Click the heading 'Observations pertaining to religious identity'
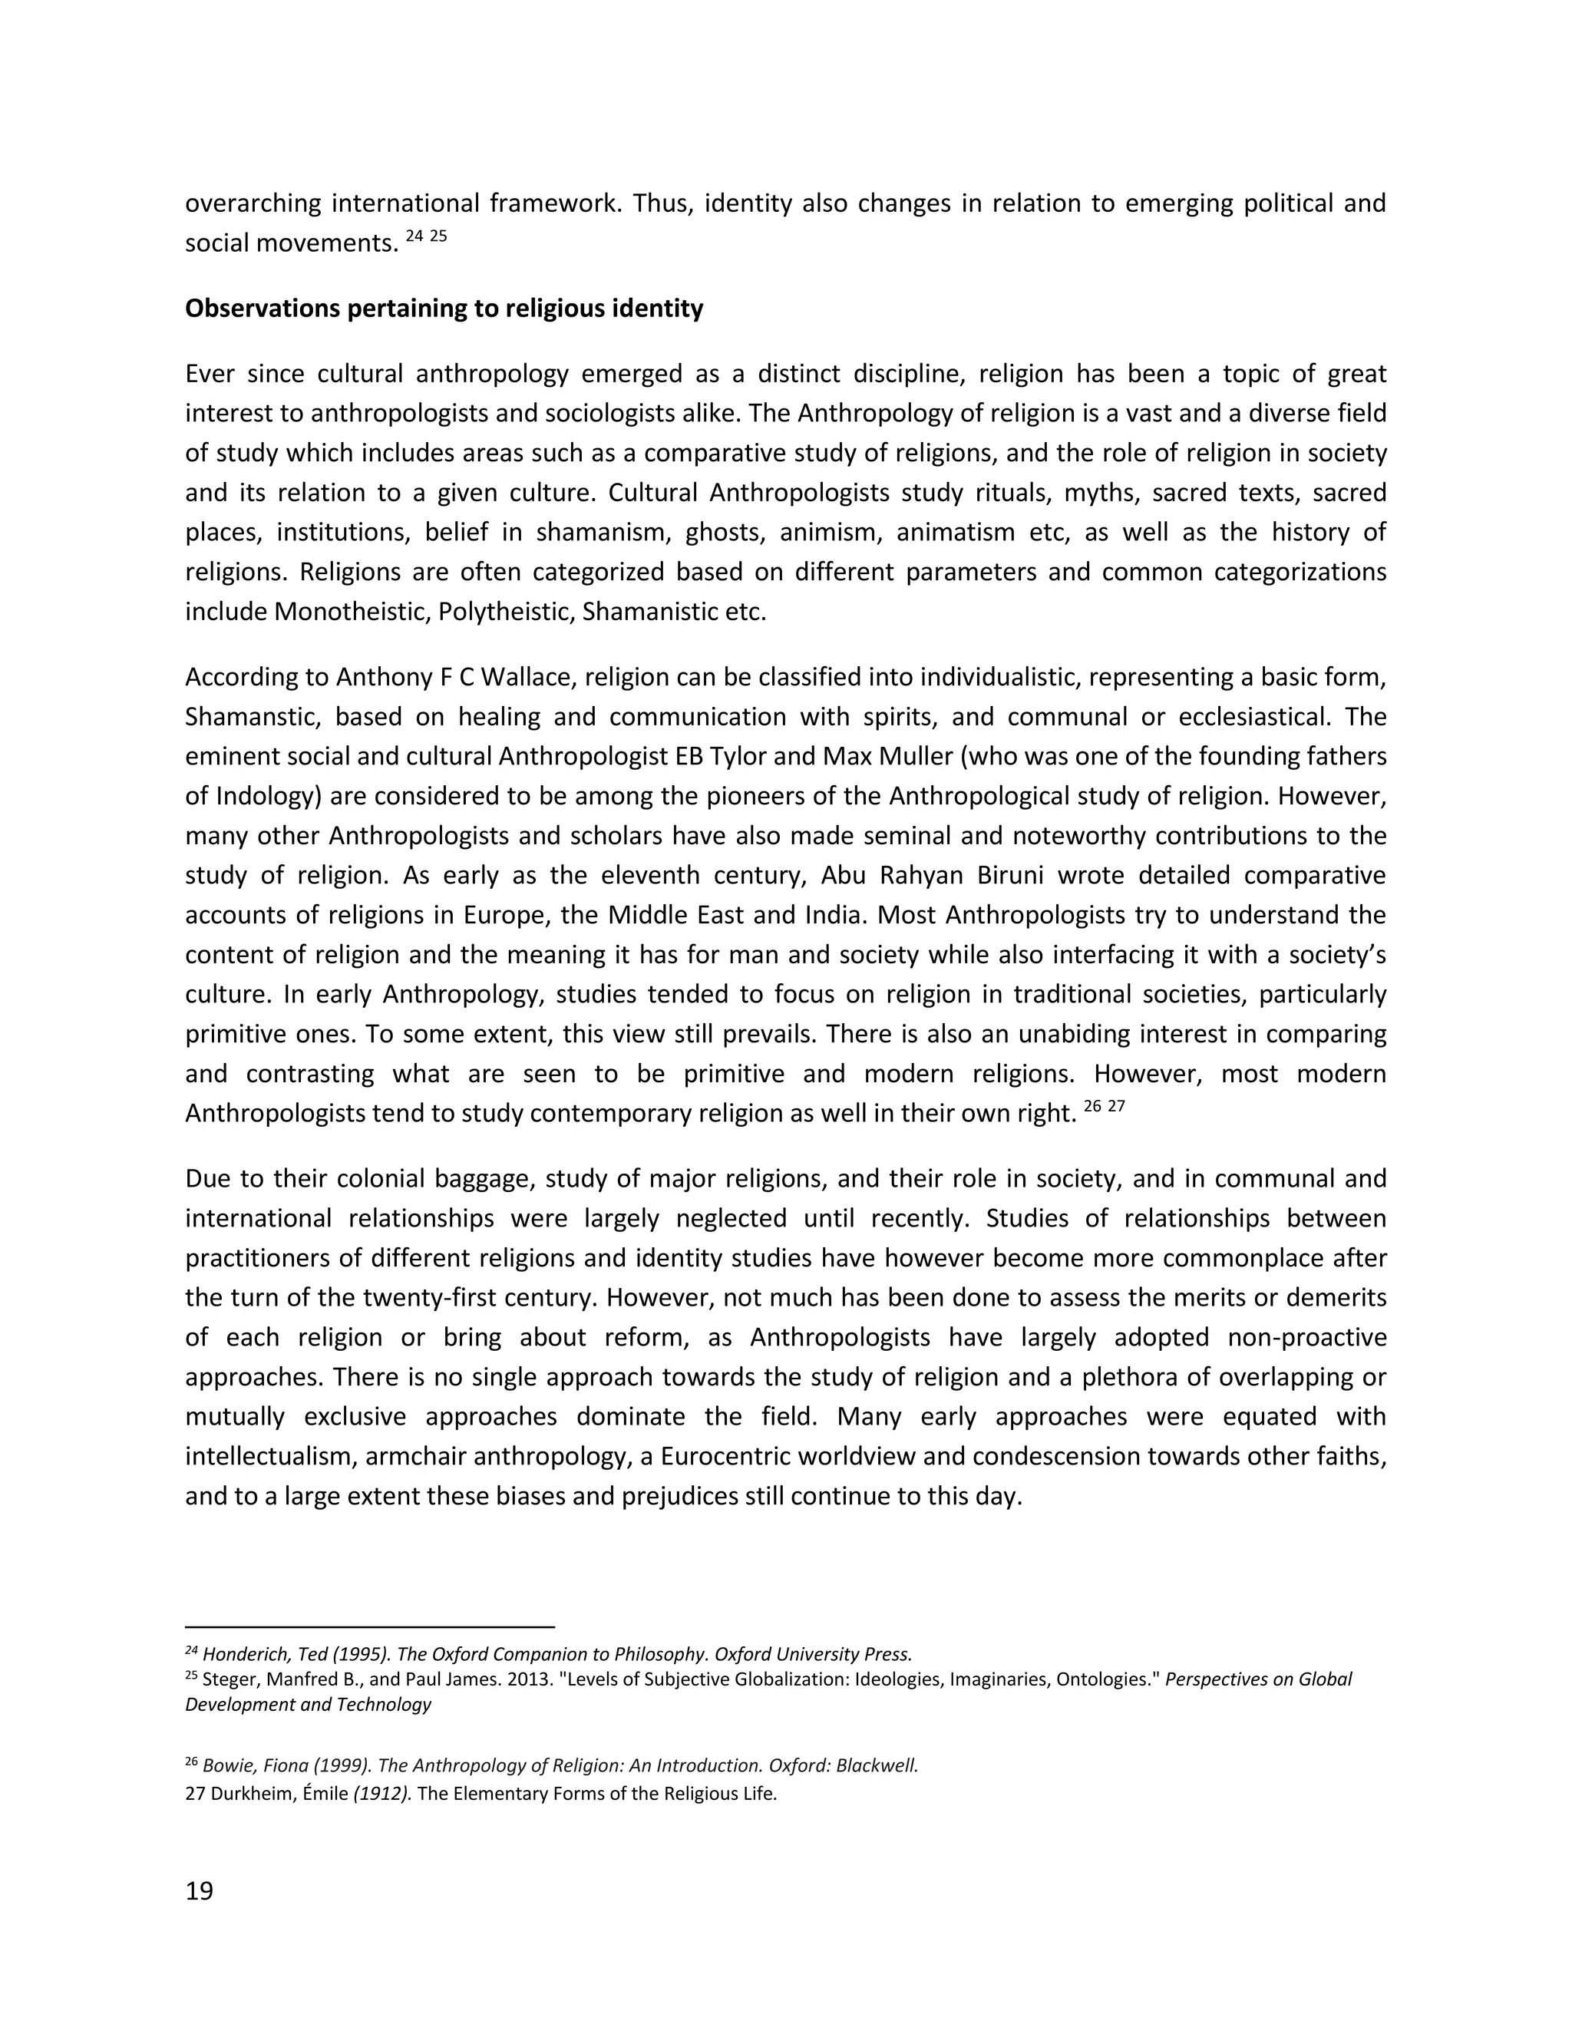pyautogui.click(x=444, y=309)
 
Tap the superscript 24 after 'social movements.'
pyautogui.click(x=415, y=236)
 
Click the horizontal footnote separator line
pyautogui.click(x=370, y=1626)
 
